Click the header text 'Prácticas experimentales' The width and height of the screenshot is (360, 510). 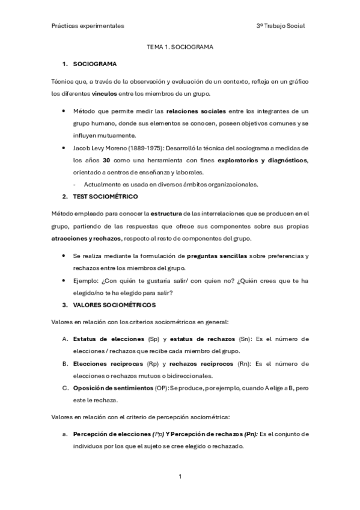coord(88,26)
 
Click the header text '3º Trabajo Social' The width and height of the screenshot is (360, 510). coord(280,26)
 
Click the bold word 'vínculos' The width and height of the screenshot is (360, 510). coord(109,94)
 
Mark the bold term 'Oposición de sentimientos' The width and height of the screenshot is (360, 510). coord(112,388)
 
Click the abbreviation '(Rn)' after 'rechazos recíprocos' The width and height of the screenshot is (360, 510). coord(243,364)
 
